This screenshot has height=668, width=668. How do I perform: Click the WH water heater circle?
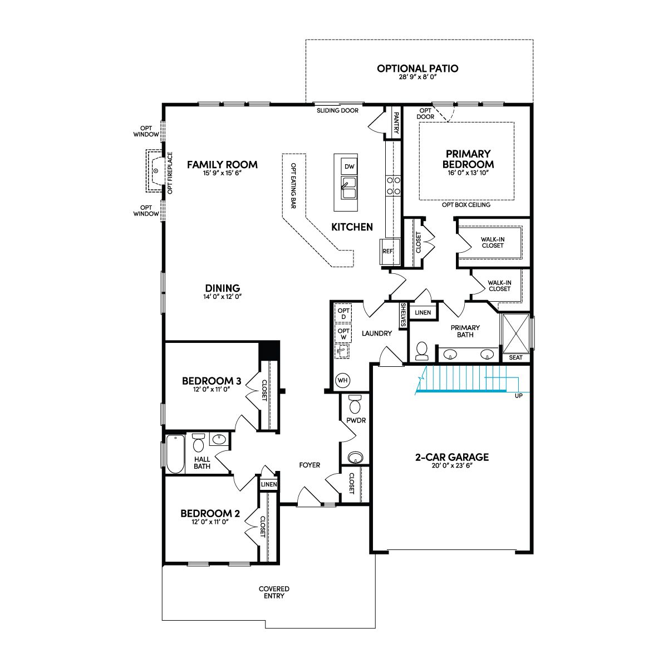342,380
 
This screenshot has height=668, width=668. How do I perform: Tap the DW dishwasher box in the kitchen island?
349,167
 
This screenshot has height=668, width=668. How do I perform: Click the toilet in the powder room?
355,404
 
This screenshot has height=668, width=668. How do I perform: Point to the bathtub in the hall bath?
175,454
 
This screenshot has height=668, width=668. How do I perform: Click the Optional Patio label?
417,68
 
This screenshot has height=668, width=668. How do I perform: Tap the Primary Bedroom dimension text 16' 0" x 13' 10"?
468,173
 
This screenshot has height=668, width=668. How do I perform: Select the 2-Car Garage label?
452,457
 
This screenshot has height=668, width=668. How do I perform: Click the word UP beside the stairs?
519,396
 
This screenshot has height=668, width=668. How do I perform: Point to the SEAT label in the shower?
516,357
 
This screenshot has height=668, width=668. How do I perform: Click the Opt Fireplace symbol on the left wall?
155,171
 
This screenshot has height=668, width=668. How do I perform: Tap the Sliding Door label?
338,111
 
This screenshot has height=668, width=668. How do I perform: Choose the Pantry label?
396,122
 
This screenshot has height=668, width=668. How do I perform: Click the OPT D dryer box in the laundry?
343,314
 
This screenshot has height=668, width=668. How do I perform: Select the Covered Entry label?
274,592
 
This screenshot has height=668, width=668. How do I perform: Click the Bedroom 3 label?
212,381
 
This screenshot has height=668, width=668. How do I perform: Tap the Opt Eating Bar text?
293,185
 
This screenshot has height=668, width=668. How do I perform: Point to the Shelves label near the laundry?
403,315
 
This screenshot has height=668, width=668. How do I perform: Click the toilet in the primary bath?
421,351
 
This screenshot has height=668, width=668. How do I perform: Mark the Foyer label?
310,465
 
